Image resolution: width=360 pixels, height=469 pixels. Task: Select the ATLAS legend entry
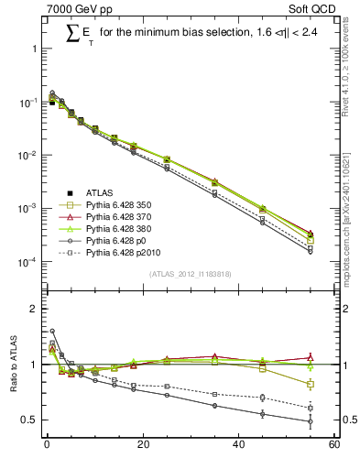click(100, 192)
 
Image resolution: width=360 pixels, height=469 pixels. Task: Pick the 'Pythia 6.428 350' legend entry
click(123, 205)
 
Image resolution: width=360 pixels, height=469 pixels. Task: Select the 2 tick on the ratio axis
click(34, 309)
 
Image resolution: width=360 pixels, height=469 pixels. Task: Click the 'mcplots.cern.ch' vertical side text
click(349, 220)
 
